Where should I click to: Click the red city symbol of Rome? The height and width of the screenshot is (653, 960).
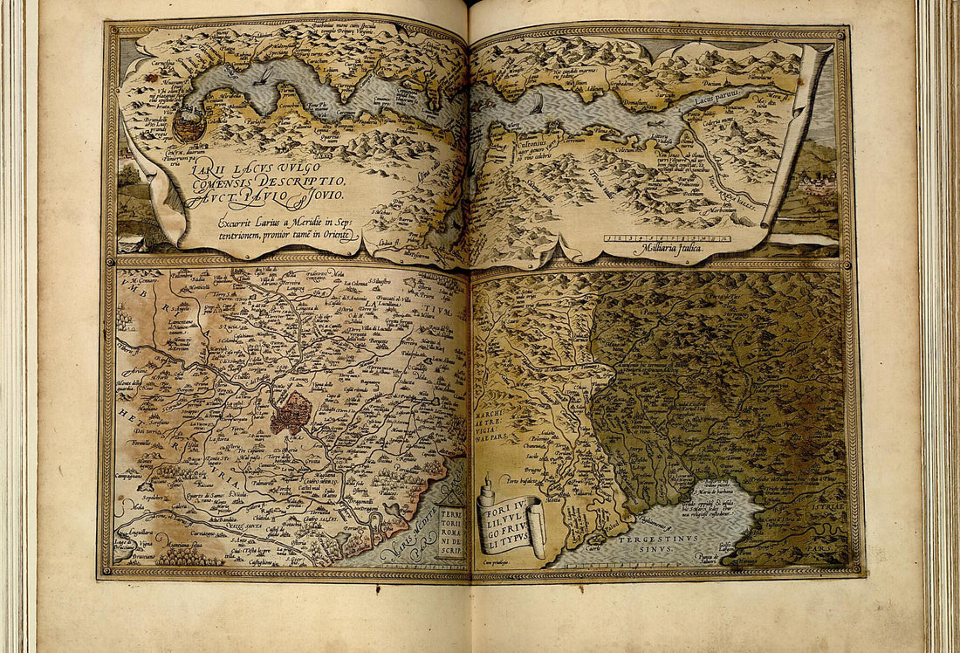[290, 412]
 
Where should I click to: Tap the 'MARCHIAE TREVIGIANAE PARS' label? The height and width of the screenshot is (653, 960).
[489, 417]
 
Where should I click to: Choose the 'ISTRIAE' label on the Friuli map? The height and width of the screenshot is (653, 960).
[830, 505]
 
